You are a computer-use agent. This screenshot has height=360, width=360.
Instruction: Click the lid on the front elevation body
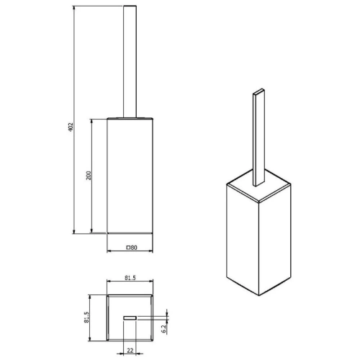tap(130, 116)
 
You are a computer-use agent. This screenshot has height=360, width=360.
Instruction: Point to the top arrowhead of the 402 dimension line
tap(75, 9)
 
